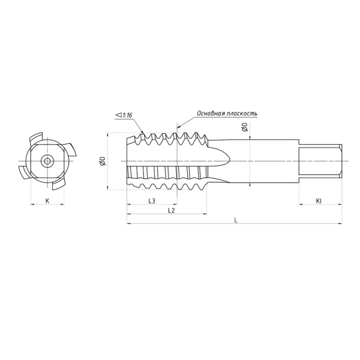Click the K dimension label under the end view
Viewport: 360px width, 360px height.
tap(47, 201)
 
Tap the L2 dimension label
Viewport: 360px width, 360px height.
tap(171, 211)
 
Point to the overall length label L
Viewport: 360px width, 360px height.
tap(236, 220)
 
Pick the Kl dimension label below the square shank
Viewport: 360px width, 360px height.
tap(320, 201)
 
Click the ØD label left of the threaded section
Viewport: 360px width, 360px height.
tap(103, 161)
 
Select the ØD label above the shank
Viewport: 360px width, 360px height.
tap(244, 128)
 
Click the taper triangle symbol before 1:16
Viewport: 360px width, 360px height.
tap(116, 115)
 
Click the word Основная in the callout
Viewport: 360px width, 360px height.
tap(210, 113)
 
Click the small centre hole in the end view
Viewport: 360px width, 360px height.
tap(47, 161)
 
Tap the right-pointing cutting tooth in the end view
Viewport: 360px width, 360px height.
tap(71, 149)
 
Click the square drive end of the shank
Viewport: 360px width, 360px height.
tap(321, 161)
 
